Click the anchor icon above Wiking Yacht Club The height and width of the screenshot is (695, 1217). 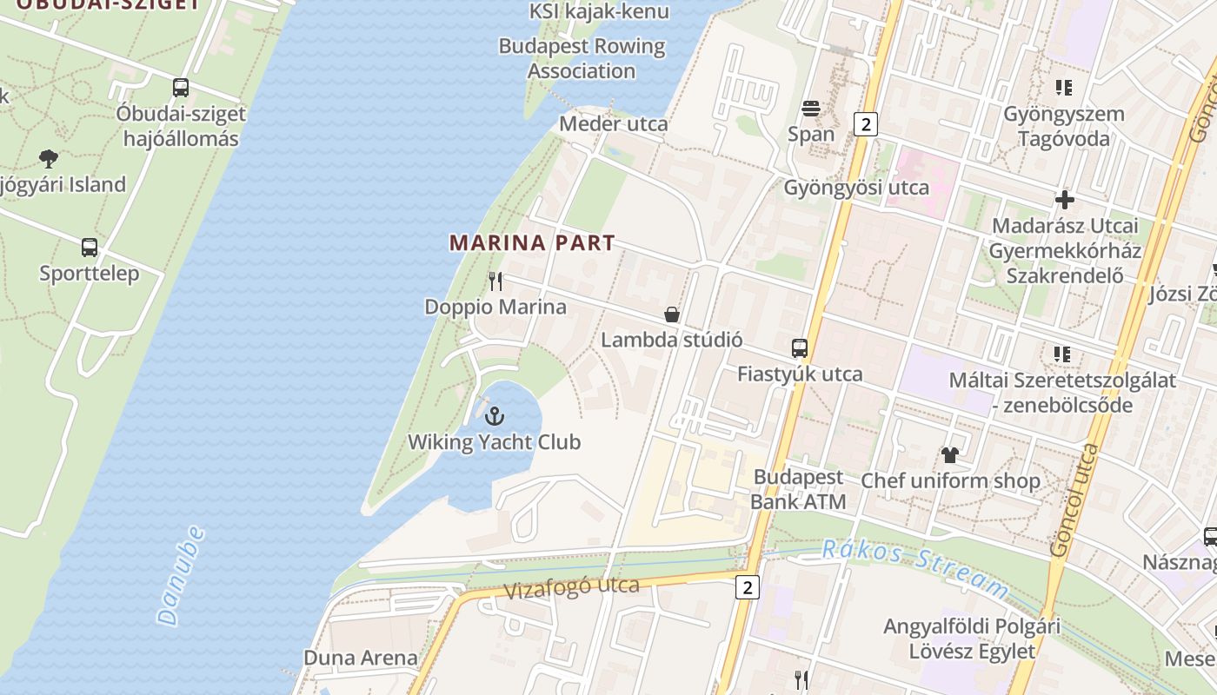pos(494,415)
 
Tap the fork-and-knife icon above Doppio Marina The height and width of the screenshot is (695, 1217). pos(495,281)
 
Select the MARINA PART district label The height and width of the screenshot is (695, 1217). pos(532,243)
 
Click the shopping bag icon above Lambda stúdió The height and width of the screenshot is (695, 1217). pos(672,314)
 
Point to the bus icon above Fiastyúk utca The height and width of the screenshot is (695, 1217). pos(800,348)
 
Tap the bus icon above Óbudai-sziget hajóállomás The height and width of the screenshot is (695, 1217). pos(181,88)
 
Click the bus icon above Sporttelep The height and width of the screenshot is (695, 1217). pos(90,248)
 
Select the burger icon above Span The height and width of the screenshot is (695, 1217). pos(811,109)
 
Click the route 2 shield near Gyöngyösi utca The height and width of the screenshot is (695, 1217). pos(865,124)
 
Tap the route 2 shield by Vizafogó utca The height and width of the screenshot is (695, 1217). pos(747,587)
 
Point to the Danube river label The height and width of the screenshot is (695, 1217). pos(182,576)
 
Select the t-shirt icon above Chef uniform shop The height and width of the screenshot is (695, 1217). pos(949,454)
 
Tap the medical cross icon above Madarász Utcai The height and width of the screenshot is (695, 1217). pos(1065,200)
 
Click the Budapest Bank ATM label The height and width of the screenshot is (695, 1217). pos(798,489)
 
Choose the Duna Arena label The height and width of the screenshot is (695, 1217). pos(360,658)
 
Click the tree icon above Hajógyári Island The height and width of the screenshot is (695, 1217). pos(49,158)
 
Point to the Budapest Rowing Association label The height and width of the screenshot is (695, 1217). pos(582,58)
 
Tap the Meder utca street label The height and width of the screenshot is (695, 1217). pos(613,123)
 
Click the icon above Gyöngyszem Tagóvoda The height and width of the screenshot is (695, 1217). pos(1064,88)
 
